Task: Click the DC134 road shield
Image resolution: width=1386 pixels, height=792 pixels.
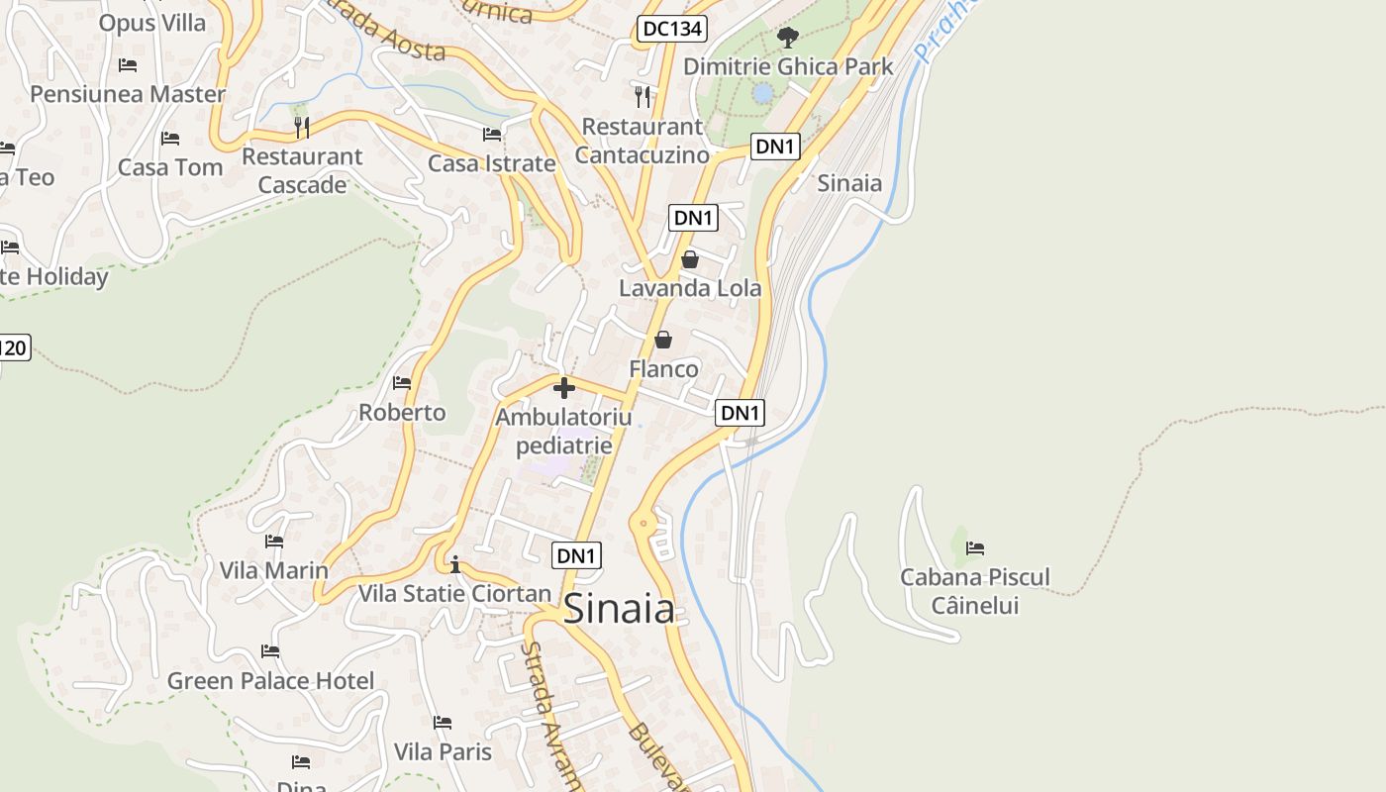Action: click(671, 29)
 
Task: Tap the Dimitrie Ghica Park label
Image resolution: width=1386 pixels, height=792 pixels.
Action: click(788, 66)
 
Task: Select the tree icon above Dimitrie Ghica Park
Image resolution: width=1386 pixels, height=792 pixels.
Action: click(788, 38)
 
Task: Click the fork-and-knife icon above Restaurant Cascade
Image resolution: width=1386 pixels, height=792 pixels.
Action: click(302, 127)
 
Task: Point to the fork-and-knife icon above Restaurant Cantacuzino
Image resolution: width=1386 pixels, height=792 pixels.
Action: click(643, 96)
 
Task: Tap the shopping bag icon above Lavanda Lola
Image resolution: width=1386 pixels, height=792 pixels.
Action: click(690, 259)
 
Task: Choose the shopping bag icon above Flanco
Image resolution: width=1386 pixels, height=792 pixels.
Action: click(663, 340)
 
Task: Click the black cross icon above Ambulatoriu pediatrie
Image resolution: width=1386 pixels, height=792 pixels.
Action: click(564, 387)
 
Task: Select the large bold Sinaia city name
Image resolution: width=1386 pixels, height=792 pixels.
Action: click(620, 609)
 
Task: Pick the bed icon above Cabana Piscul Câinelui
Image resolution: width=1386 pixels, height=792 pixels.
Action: click(975, 547)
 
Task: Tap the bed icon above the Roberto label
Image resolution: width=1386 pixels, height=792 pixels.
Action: click(402, 382)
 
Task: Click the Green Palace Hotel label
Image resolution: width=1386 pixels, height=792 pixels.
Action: click(270, 680)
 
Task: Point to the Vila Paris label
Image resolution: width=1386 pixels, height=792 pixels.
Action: click(443, 751)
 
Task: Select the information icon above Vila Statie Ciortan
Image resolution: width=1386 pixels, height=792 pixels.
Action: click(454, 565)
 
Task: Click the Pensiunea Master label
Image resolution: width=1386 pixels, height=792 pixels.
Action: click(128, 94)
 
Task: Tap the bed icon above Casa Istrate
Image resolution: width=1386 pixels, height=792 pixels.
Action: click(492, 134)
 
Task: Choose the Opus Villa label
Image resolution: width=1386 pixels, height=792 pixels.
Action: click(152, 23)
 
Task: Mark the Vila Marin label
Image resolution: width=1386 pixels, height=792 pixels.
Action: click(273, 570)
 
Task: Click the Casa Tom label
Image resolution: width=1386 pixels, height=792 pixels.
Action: click(170, 167)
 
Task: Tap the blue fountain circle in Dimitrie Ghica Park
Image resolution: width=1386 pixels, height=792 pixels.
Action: click(762, 93)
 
